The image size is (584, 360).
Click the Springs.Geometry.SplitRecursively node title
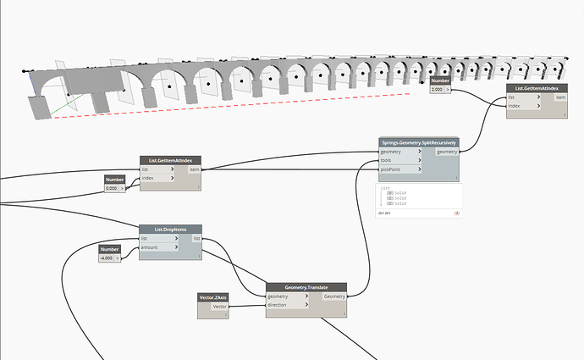418,143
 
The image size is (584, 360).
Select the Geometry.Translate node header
306,288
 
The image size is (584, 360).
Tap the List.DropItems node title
169,230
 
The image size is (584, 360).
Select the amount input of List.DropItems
158,248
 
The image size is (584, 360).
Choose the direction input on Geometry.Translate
286,306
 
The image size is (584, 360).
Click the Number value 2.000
438,89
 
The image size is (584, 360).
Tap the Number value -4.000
107,258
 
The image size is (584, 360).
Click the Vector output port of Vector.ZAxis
218,307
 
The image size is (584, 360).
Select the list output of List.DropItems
196,239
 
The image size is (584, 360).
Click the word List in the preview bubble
385,188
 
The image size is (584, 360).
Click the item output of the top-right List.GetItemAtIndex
560,97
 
